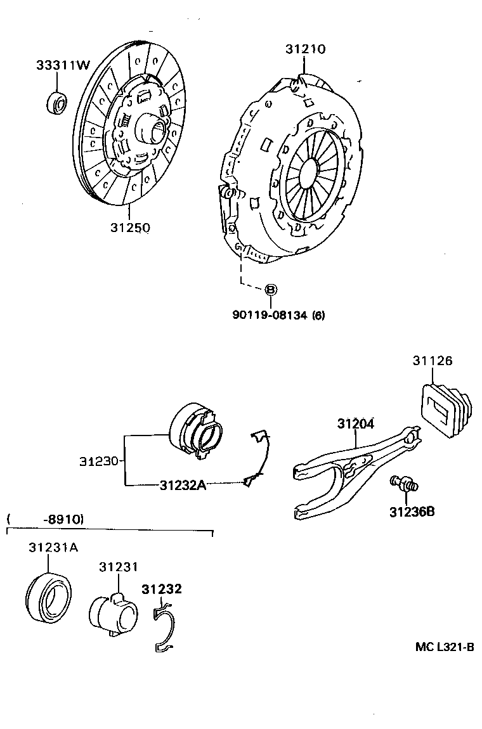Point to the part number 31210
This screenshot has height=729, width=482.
(x=305, y=49)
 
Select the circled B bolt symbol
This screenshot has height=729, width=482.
(x=270, y=290)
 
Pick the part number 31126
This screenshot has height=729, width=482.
(x=433, y=361)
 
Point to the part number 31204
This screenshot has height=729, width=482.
(x=355, y=423)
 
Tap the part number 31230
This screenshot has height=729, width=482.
(x=99, y=461)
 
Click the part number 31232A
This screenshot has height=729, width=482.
(x=182, y=485)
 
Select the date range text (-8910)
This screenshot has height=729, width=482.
(x=63, y=519)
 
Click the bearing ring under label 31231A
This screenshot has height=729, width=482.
(x=49, y=597)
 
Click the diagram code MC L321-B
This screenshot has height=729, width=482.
(x=445, y=647)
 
